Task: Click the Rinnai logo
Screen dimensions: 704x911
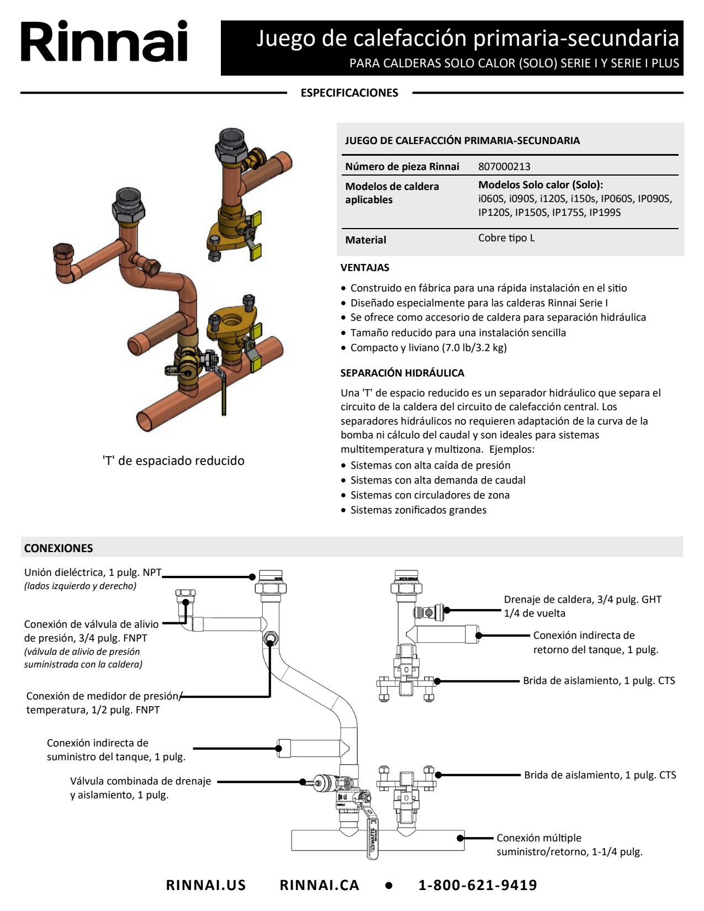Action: (104, 41)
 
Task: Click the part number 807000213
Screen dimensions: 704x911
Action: (504, 166)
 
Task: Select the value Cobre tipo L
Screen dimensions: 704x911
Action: (506, 238)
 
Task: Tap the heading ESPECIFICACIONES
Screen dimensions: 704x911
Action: (350, 93)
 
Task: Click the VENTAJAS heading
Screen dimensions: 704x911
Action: (365, 267)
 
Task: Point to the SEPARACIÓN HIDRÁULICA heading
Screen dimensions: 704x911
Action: (402, 373)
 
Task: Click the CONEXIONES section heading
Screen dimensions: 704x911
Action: (59, 548)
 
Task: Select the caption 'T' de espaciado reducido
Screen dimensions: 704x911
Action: (173, 460)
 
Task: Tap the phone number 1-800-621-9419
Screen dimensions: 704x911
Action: (478, 884)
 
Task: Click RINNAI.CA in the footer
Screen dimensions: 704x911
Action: (320, 884)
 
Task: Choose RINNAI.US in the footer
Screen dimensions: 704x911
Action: (206, 884)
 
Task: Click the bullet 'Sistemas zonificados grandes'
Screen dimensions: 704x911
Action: (414, 510)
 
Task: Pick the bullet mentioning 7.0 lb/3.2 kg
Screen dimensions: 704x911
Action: (424, 347)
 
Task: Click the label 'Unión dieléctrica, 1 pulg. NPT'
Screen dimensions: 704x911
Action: (93, 572)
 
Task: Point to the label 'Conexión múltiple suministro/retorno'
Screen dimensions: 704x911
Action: (569, 845)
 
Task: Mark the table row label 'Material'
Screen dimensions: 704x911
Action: (366, 240)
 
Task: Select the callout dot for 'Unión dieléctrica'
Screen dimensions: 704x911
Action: (252, 577)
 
